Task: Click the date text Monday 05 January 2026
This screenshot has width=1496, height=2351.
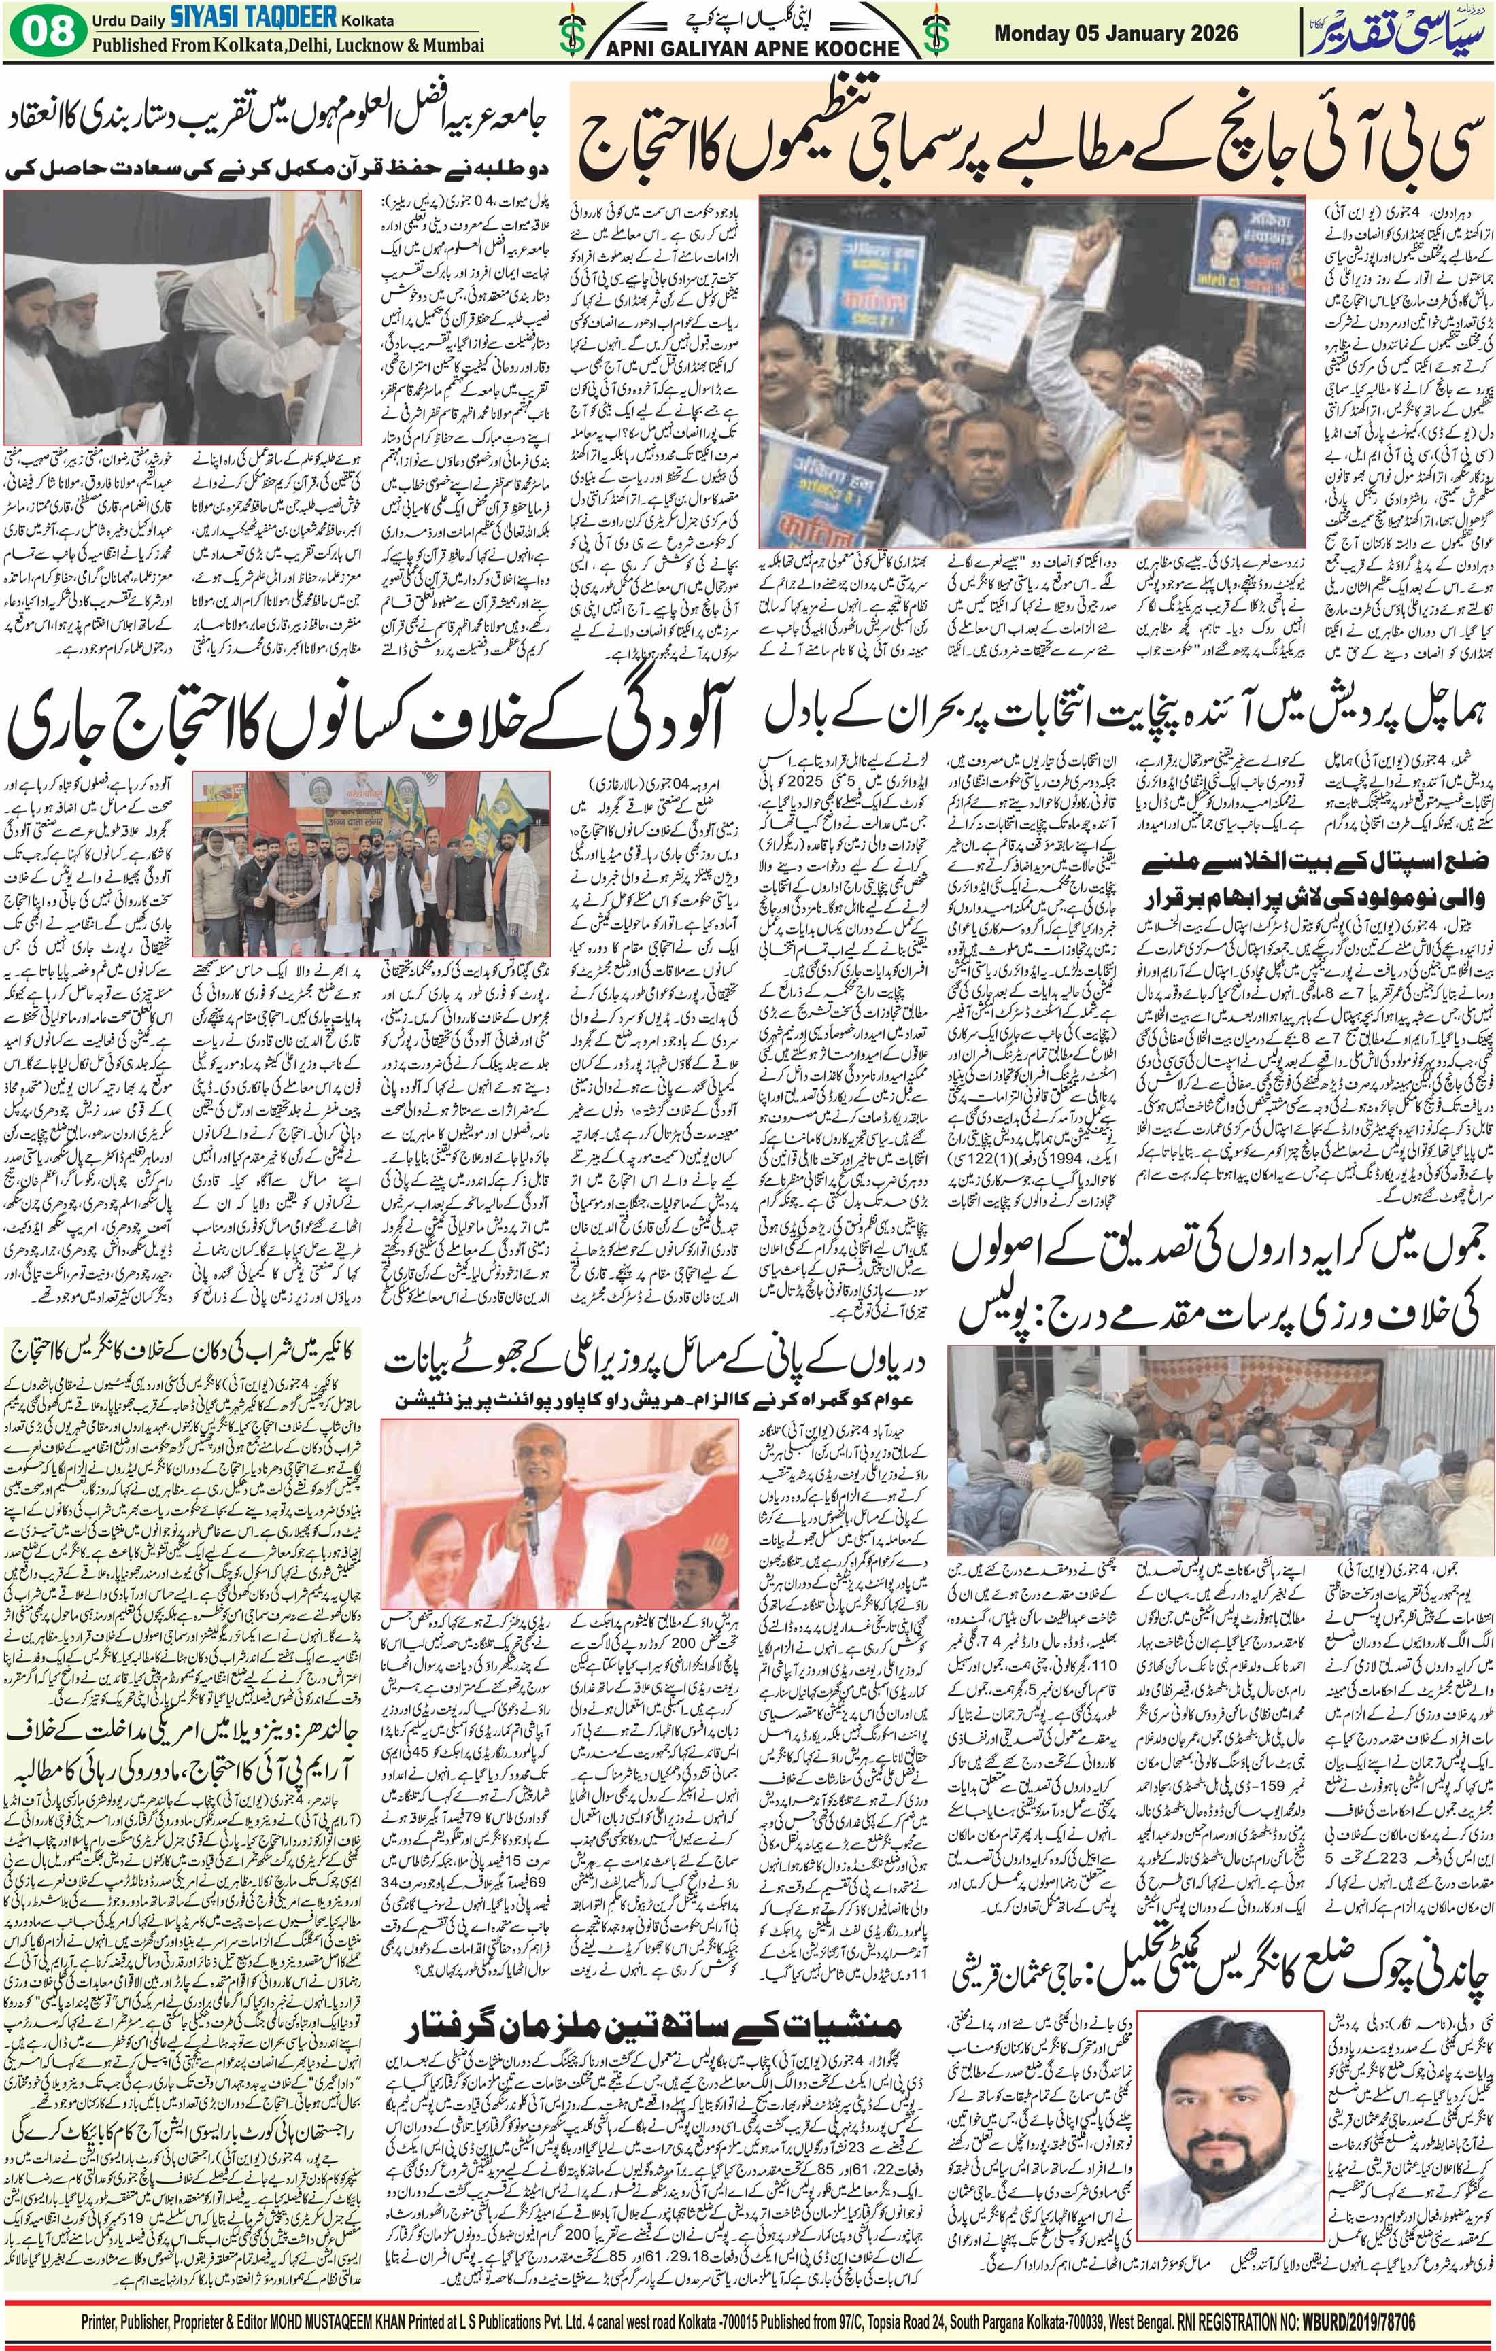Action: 1115,34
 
